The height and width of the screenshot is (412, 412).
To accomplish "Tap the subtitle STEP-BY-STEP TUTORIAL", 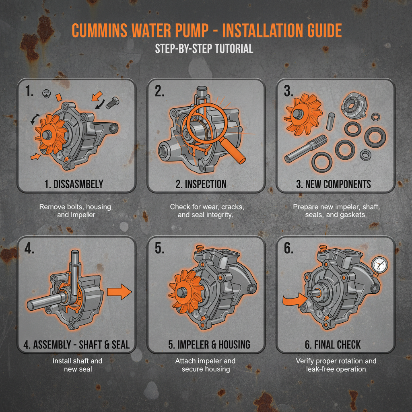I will click(204, 49).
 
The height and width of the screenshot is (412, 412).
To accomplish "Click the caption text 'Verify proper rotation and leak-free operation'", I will click(336, 365).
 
